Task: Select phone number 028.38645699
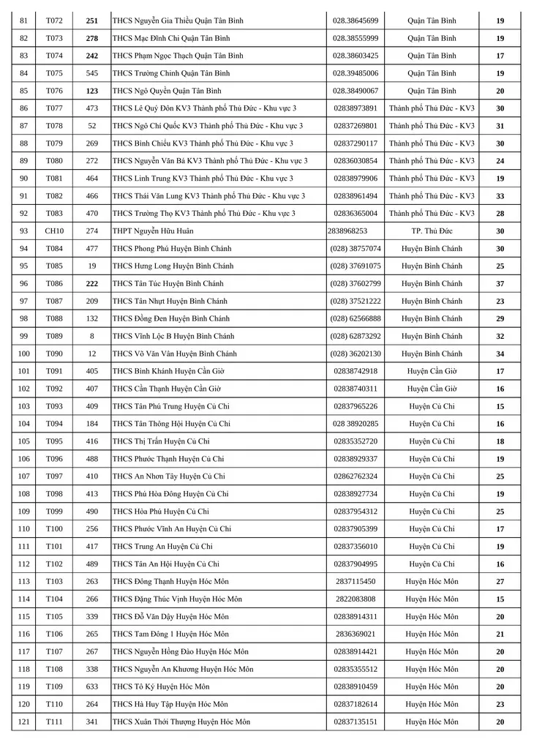(x=356, y=20)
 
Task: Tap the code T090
(x=54, y=354)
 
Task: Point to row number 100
(x=24, y=354)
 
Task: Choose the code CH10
(x=54, y=231)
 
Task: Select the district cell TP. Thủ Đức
(x=432, y=231)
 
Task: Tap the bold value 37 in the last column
(x=500, y=284)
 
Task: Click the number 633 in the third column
(x=92, y=687)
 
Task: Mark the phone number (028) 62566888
(x=356, y=319)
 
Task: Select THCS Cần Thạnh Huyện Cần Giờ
(x=167, y=389)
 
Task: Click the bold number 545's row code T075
(x=54, y=73)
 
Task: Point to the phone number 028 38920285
(x=356, y=424)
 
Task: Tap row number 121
(x=24, y=722)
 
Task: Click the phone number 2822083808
(x=356, y=599)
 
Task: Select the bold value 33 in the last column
(x=500, y=196)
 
